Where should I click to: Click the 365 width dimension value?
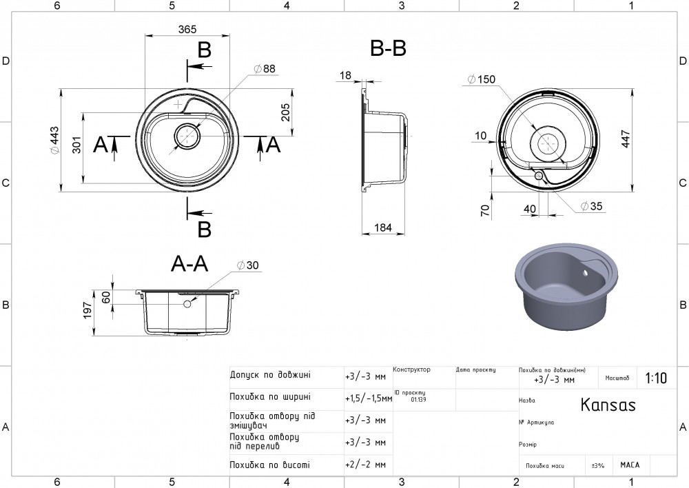pyautogui.click(x=187, y=29)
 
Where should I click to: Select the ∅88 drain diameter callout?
pyautogui.click(x=264, y=69)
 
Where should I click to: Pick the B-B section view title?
pyautogui.click(x=388, y=49)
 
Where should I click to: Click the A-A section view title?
pyautogui.click(x=189, y=264)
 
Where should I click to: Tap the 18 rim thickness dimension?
pyautogui.click(x=345, y=74)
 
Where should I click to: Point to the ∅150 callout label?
pyautogui.click(x=481, y=80)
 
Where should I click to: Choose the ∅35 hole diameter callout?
pyautogui.click(x=591, y=206)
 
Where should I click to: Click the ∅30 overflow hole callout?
pyautogui.click(x=249, y=266)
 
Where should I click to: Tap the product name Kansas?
pyautogui.click(x=608, y=405)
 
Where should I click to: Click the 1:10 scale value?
pyautogui.click(x=656, y=378)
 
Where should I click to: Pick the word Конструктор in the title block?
pyautogui.click(x=411, y=370)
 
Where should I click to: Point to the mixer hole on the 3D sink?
pyautogui.click(x=586, y=273)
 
